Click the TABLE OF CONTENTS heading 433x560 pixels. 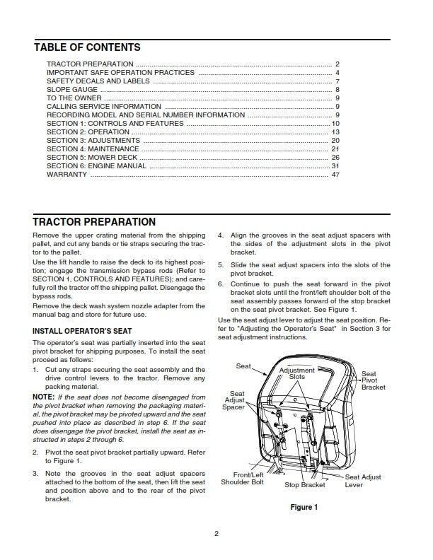pyautogui.click(x=87, y=47)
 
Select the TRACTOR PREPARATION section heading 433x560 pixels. pyautogui.click(x=94, y=222)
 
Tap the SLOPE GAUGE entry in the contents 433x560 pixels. pyautogui.click(x=69, y=90)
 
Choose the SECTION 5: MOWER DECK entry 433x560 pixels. pyautogui.click(x=93, y=157)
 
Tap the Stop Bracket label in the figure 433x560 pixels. pyautogui.click(x=305, y=485)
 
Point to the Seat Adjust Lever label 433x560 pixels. pyautogui.click(x=363, y=482)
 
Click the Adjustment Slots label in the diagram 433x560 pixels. pyautogui.click(x=297, y=374)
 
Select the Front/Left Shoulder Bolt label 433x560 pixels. pyautogui.click(x=243, y=479)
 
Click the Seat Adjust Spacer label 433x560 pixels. pyautogui.click(x=234, y=400)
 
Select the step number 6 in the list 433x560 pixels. pyautogui.click(x=221, y=284)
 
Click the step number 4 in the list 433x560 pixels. pyautogui.click(x=221, y=235)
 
